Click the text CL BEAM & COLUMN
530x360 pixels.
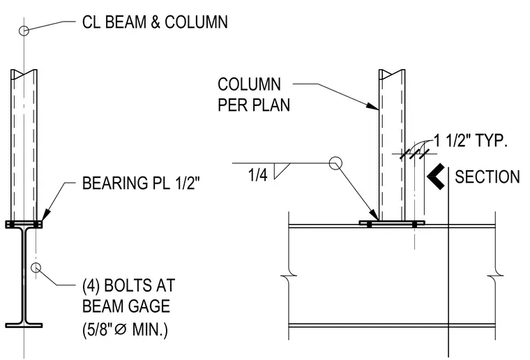coord(155,22)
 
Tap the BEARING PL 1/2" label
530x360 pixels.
coord(141,183)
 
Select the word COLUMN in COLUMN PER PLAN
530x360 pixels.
coord(249,84)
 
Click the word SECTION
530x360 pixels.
coord(487,177)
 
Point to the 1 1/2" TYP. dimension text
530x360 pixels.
coord(471,140)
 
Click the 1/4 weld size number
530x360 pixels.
coord(257,175)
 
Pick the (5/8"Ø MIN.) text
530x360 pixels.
coord(125,329)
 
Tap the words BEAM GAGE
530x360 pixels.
coord(126,306)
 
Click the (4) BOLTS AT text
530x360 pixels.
coord(128,285)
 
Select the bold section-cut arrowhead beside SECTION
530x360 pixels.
coord(436,177)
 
